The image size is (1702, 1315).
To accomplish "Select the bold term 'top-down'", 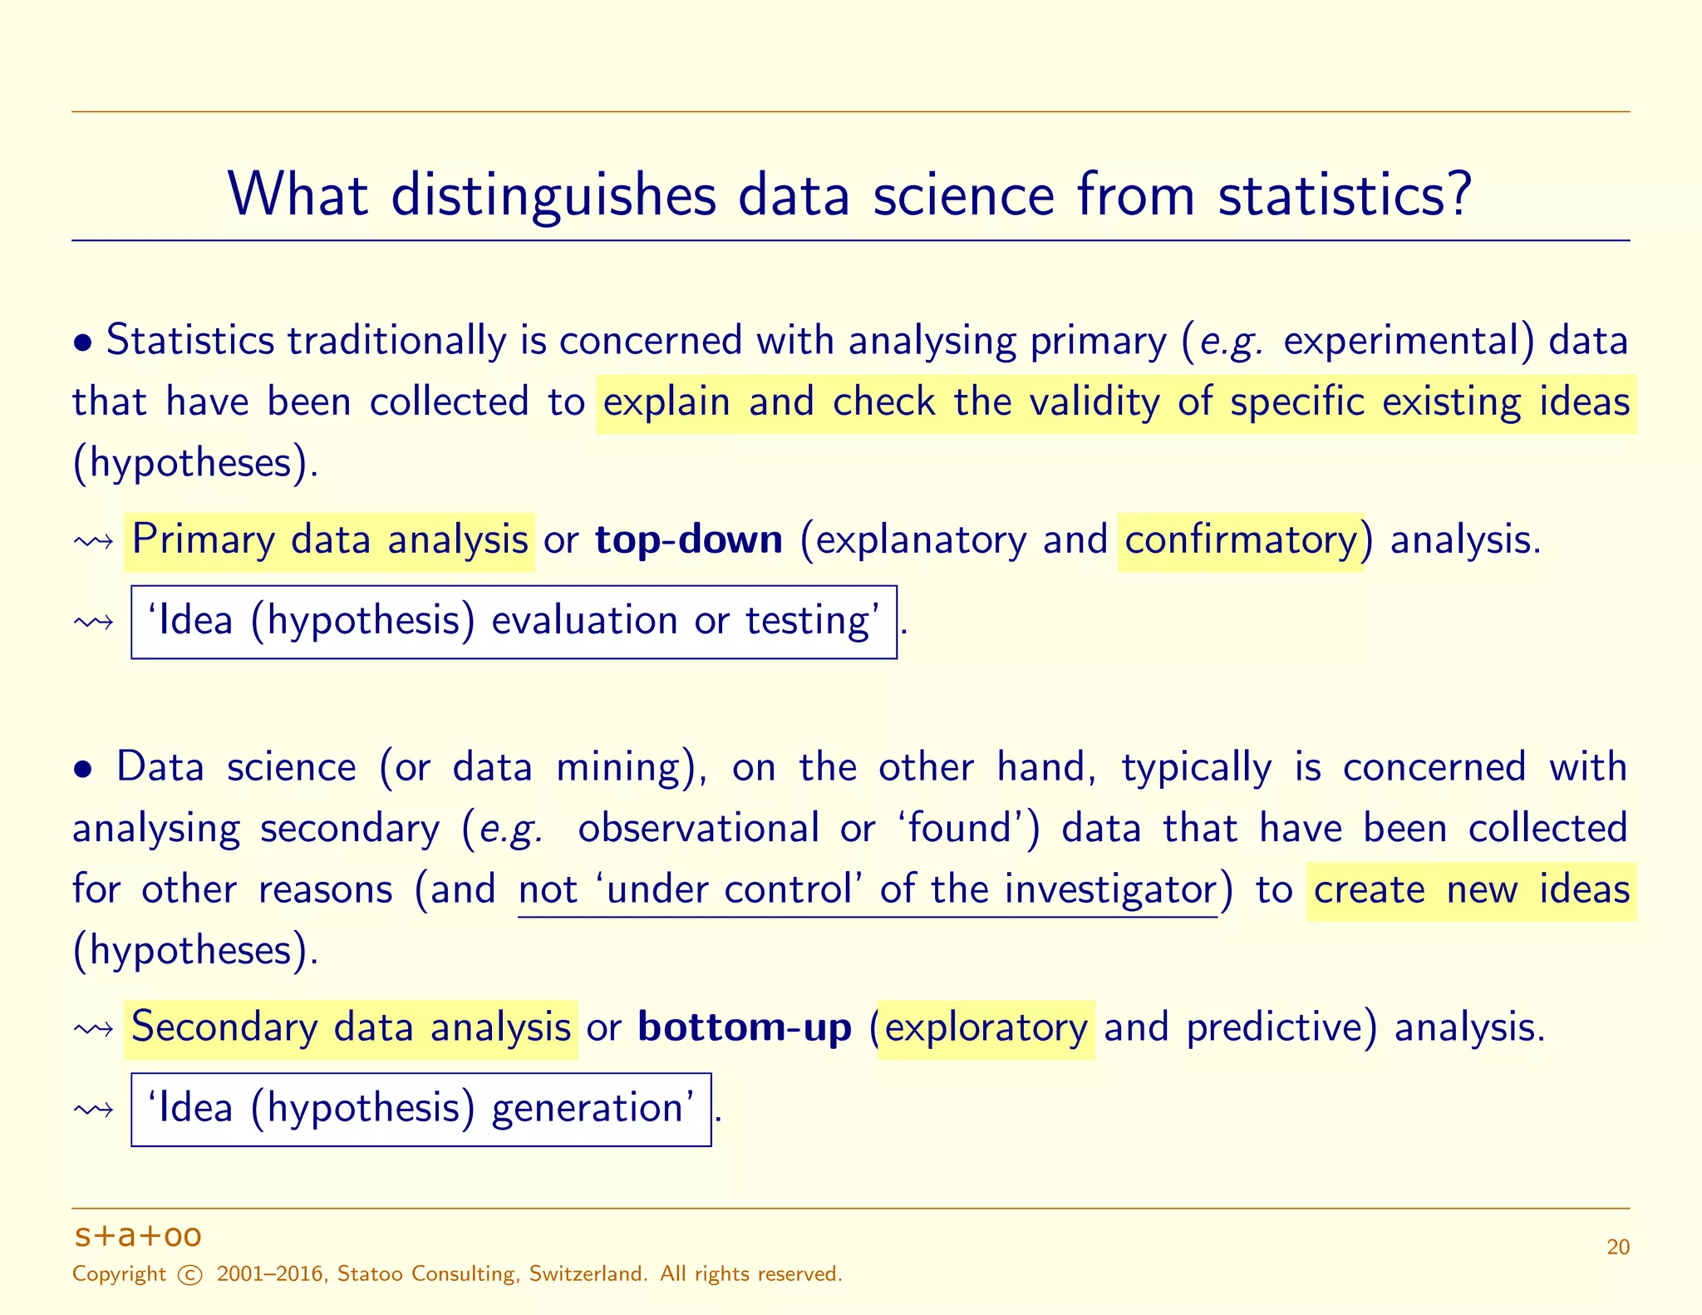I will pos(689,540).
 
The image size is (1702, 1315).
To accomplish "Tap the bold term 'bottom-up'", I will pos(745,1028).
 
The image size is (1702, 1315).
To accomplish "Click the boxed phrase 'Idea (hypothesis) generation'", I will pos(421,1109).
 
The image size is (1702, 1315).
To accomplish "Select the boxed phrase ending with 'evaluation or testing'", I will pos(514,622).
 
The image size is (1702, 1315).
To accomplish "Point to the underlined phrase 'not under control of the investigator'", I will pos(868,890).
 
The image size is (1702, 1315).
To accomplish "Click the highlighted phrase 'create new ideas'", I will pos(1471,890).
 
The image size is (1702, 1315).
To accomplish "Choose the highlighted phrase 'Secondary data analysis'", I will pos(351,1028).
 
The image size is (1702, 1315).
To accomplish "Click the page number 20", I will pos(1617,1248).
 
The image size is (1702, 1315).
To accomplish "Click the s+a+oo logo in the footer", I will pos(138,1236).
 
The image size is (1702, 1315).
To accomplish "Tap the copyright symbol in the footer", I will pos(190,1275).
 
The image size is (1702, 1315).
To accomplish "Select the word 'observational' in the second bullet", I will pos(698,829).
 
